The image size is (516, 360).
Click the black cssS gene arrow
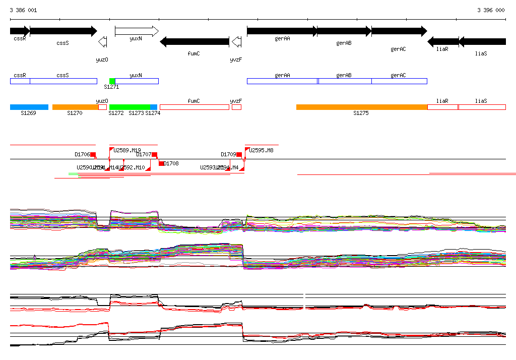[63, 31]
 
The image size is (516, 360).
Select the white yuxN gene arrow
[137, 31]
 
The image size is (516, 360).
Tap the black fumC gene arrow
[194, 41]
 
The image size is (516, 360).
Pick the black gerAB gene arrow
[344, 31]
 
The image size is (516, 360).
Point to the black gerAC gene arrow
[399, 31]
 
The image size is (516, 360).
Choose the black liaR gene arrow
[443, 41]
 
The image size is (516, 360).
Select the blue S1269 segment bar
[29, 107]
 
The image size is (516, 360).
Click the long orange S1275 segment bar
[361, 107]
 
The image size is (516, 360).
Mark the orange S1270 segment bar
[75, 107]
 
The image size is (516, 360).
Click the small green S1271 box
[112, 81]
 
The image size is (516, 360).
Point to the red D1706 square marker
[93, 154]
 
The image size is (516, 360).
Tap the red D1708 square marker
[161, 163]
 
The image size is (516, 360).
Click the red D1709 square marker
[239, 154]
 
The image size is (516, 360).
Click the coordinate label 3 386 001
[23, 10]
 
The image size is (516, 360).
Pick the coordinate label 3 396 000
[491, 10]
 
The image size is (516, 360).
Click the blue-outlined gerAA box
[282, 81]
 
